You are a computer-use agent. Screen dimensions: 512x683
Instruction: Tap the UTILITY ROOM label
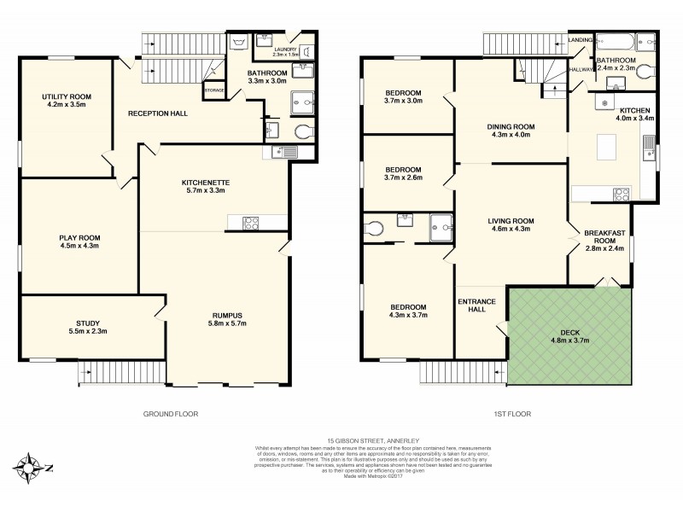66,97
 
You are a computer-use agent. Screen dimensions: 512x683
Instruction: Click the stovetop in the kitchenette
253,224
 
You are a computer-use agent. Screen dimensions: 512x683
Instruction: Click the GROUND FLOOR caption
171,414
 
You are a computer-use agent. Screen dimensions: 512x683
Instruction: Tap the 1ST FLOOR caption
512,414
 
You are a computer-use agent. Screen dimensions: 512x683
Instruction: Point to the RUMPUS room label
228,315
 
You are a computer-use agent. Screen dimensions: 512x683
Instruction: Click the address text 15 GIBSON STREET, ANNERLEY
341,440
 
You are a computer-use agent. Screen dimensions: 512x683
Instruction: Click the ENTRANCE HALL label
477,305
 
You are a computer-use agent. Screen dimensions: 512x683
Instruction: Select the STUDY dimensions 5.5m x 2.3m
88,331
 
